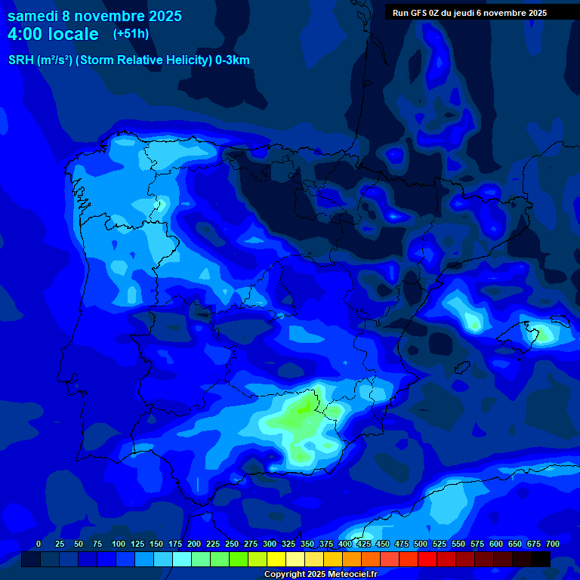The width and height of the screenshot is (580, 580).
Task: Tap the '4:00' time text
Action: pyautogui.click(x=27, y=34)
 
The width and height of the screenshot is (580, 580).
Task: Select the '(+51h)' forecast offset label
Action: pyautogui.click(x=131, y=33)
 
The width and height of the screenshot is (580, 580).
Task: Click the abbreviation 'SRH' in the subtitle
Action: pyautogui.click(x=20, y=60)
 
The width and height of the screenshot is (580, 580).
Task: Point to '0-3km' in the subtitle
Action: pyautogui.click(x=233, y=60)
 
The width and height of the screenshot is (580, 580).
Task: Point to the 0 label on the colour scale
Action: pyautogui.click(x=39, y=544)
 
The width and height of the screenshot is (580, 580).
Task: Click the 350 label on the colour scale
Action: pyautogui.click(x=307, y=544)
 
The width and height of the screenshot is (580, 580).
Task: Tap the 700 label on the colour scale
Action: pyautogui.click(x=553, y=544)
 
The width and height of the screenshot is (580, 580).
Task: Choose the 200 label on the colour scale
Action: pyautogui.click(x=194, y=544)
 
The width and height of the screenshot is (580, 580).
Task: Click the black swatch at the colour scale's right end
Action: pyautogui.click(x=541, y=559)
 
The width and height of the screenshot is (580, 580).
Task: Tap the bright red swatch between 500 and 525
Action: pyautogui.click(x=427, y=559)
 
